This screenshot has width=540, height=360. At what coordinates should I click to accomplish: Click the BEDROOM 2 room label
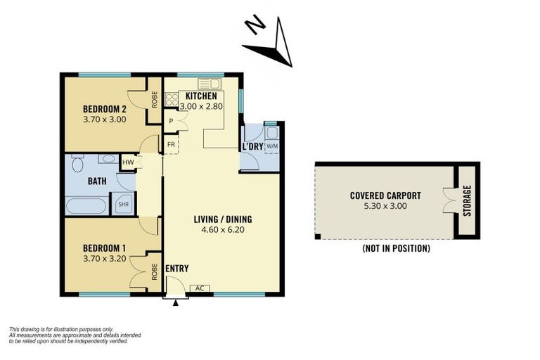105,109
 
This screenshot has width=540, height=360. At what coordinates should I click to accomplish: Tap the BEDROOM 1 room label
105,248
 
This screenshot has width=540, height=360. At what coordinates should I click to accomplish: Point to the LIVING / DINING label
222,219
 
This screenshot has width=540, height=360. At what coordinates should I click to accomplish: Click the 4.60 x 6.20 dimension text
222,229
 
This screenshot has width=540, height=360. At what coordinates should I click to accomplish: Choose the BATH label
97,181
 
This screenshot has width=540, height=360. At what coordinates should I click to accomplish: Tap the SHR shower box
123,204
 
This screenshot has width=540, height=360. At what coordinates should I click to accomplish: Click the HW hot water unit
128,162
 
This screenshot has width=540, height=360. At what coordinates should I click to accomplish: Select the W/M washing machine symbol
272,146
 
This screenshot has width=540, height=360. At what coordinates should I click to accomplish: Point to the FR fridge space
171,146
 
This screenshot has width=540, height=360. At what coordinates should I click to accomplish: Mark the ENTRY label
176,269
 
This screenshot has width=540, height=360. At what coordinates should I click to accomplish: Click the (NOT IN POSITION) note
396,248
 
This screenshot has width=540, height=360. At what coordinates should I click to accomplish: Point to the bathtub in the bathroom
86,206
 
